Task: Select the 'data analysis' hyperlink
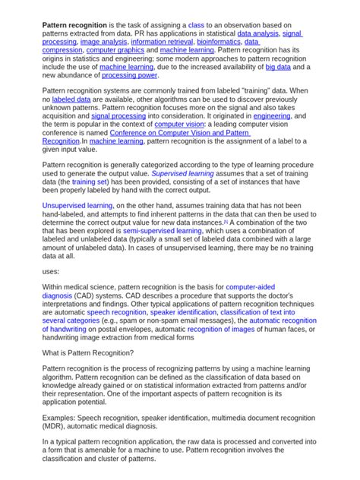tap(257, 34)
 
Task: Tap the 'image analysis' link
tap(103, 43)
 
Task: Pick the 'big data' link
tap(278, 67)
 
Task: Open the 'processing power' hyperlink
tap(130, 75)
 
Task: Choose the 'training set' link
tap(90, 182)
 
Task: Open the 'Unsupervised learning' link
tap(77, 205)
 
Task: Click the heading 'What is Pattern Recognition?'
tap(88, 353)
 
